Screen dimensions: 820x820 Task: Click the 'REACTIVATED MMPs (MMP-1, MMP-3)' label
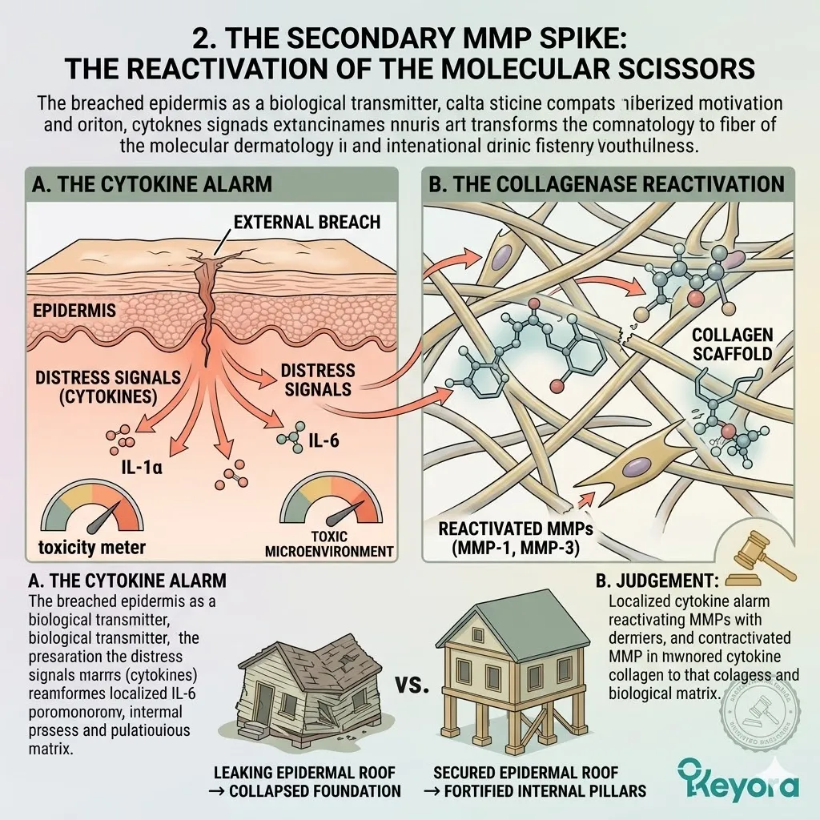click(x=505, y=538)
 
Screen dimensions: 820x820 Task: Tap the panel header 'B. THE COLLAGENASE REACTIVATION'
click(x=607, y=183)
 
